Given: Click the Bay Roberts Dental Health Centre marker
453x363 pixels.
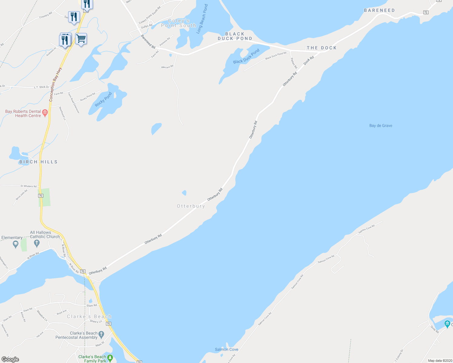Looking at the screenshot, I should pyautogui.click(x=45, y=113).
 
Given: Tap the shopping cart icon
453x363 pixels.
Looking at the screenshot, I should pyautogui.click(x=81, y=39).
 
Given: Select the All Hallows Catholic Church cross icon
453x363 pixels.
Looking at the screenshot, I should pyautogui.click(x=37, y=243).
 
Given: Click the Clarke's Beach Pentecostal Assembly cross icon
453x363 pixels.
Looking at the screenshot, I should pyautogui.click(x=101, y=335).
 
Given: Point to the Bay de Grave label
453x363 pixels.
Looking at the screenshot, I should pyautogui.click(x=381, y=126).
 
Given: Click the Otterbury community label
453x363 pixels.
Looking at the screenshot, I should pyautogui.click(x=191, y=206).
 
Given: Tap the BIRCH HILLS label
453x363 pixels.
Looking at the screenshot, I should pyautogui.click(x=38, y=162).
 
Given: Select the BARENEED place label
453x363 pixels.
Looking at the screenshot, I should pyautogui.click(x=379, y=10).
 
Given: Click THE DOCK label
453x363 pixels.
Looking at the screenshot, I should pyautogui.click(x=322, y=48).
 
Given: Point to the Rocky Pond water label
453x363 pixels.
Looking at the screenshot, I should pyautogui.click(x=103, y=99).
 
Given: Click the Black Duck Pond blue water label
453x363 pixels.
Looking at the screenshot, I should pyautogui.click(x=246, y=57).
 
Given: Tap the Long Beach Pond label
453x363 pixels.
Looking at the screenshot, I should pyautogui.click(x=202, y=19).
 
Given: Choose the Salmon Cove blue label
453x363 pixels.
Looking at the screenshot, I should pyautogui.click(x=226, y=349).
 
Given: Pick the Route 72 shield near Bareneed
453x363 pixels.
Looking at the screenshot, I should pyautogui.click(x=426, y=12).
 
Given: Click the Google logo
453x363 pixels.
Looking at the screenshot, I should pyautogui.click(x=10, y=359).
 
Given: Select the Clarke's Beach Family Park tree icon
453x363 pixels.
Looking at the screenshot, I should pyautogui.click(x=110, y=358).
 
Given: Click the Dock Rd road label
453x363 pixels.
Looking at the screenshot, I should pyautogui.click(x=309, y=60).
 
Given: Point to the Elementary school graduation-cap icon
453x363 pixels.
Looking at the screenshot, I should pyautogui.click(x=16, y=244).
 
